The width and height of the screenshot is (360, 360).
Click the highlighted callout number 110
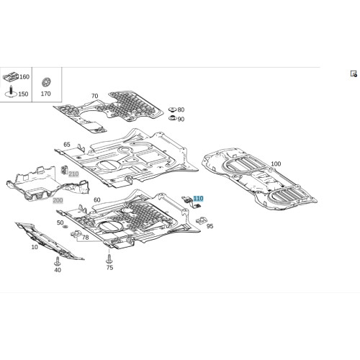(x=198, y=199)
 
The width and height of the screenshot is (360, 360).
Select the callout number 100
(x=276, y=163)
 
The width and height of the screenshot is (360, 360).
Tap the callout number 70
(x=95, y=96)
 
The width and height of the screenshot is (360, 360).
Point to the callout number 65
(x=67, y=145)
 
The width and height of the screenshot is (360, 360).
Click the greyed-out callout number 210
(x=73, y=174)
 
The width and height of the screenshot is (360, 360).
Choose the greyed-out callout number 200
(x=58, y=200)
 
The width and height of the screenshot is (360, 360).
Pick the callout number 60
(x=97, y=200)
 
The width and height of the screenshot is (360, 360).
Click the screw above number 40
(x=58, y=261)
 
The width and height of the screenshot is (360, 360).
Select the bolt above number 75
(x=109, y=258)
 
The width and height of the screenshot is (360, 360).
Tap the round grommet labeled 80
(x=172, y=109)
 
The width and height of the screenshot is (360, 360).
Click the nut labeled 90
(x=172, y=118)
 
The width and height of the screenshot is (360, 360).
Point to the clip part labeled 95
(x=201, y=220)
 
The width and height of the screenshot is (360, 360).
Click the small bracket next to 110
(x=192, y=202)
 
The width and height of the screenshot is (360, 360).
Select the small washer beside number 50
(x=65, y=227)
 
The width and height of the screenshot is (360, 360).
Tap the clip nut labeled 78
(x=76, y=233)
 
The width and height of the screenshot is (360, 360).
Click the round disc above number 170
(x=46, y=83)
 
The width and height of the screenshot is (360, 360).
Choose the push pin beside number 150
(x=11, y=91)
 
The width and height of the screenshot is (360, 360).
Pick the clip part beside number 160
(x=11, y=76)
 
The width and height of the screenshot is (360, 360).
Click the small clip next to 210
(x=64, y=169)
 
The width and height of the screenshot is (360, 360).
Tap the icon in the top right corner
(x=354, y=73)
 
